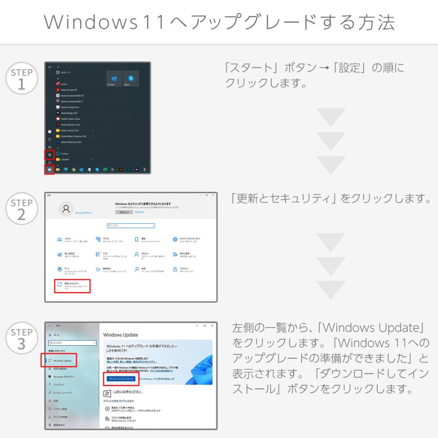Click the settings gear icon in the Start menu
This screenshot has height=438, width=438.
(49, 155)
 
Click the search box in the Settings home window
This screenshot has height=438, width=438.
(131, 226)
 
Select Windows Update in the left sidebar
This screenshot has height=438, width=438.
(62, 361)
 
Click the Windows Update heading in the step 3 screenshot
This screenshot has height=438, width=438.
(121, 335)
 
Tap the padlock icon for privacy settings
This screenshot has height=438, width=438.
(175, 269)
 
